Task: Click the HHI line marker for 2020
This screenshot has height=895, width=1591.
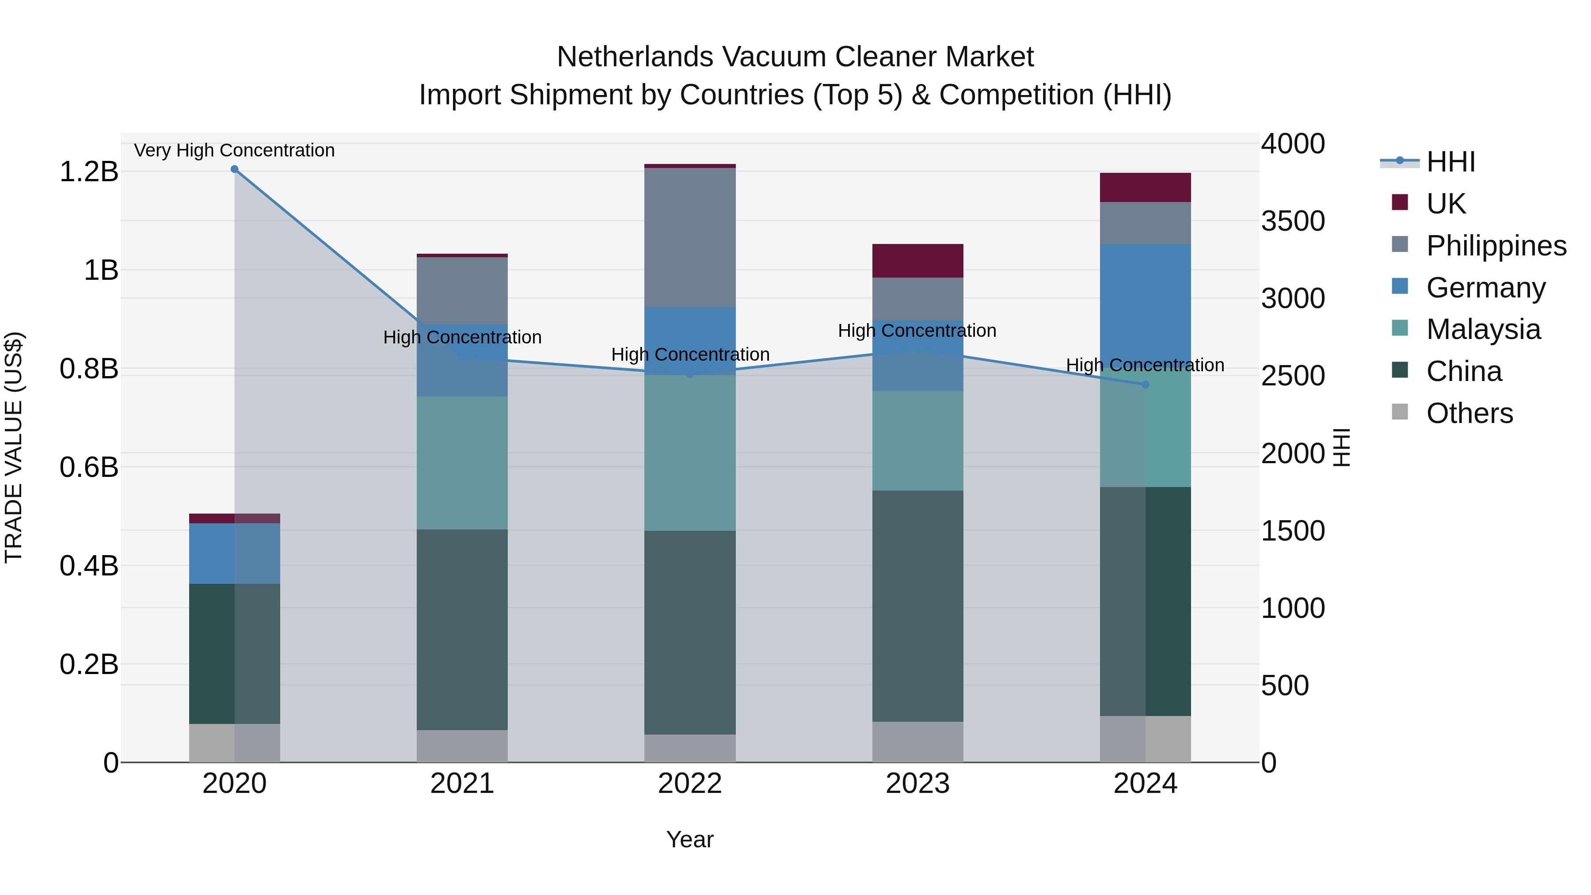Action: [234, 169]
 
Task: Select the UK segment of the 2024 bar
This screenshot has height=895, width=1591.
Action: [1145, 187]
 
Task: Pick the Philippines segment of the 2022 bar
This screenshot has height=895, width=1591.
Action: [690, 237]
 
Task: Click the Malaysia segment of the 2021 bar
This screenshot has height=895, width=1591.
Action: [462, 463]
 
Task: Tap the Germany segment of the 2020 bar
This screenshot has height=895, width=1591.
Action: [234, 553]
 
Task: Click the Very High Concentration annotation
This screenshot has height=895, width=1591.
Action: [234, 151]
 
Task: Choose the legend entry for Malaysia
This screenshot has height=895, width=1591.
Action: [1483, 329]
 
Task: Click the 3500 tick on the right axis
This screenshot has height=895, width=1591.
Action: [1293, 221]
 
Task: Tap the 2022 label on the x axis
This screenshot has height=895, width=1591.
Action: [690, 784]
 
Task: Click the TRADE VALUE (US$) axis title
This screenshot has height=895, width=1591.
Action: [14, 447]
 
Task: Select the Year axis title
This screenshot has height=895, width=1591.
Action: [690, 839]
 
